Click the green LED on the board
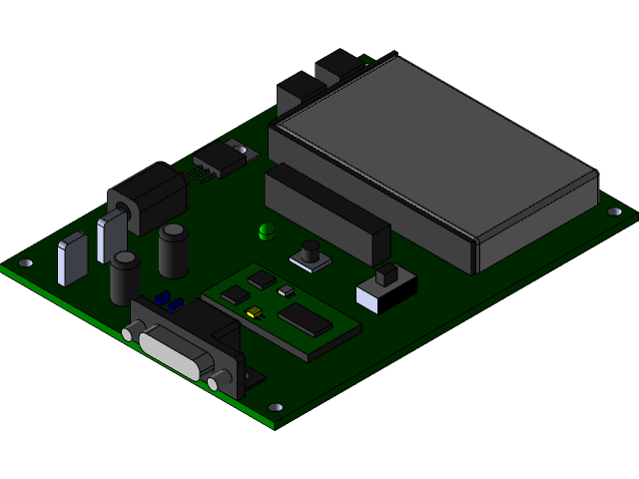(x=266, y=233)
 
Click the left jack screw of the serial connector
(x=129, y=331)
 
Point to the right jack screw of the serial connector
(x=217, y=382)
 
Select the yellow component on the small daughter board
(x=254, y=312)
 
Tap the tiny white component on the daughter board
(x=287, y=291)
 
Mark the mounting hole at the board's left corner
(x=26, y=263)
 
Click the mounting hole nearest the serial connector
(x=276, y=407)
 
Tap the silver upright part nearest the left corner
(x=73, y=258)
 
